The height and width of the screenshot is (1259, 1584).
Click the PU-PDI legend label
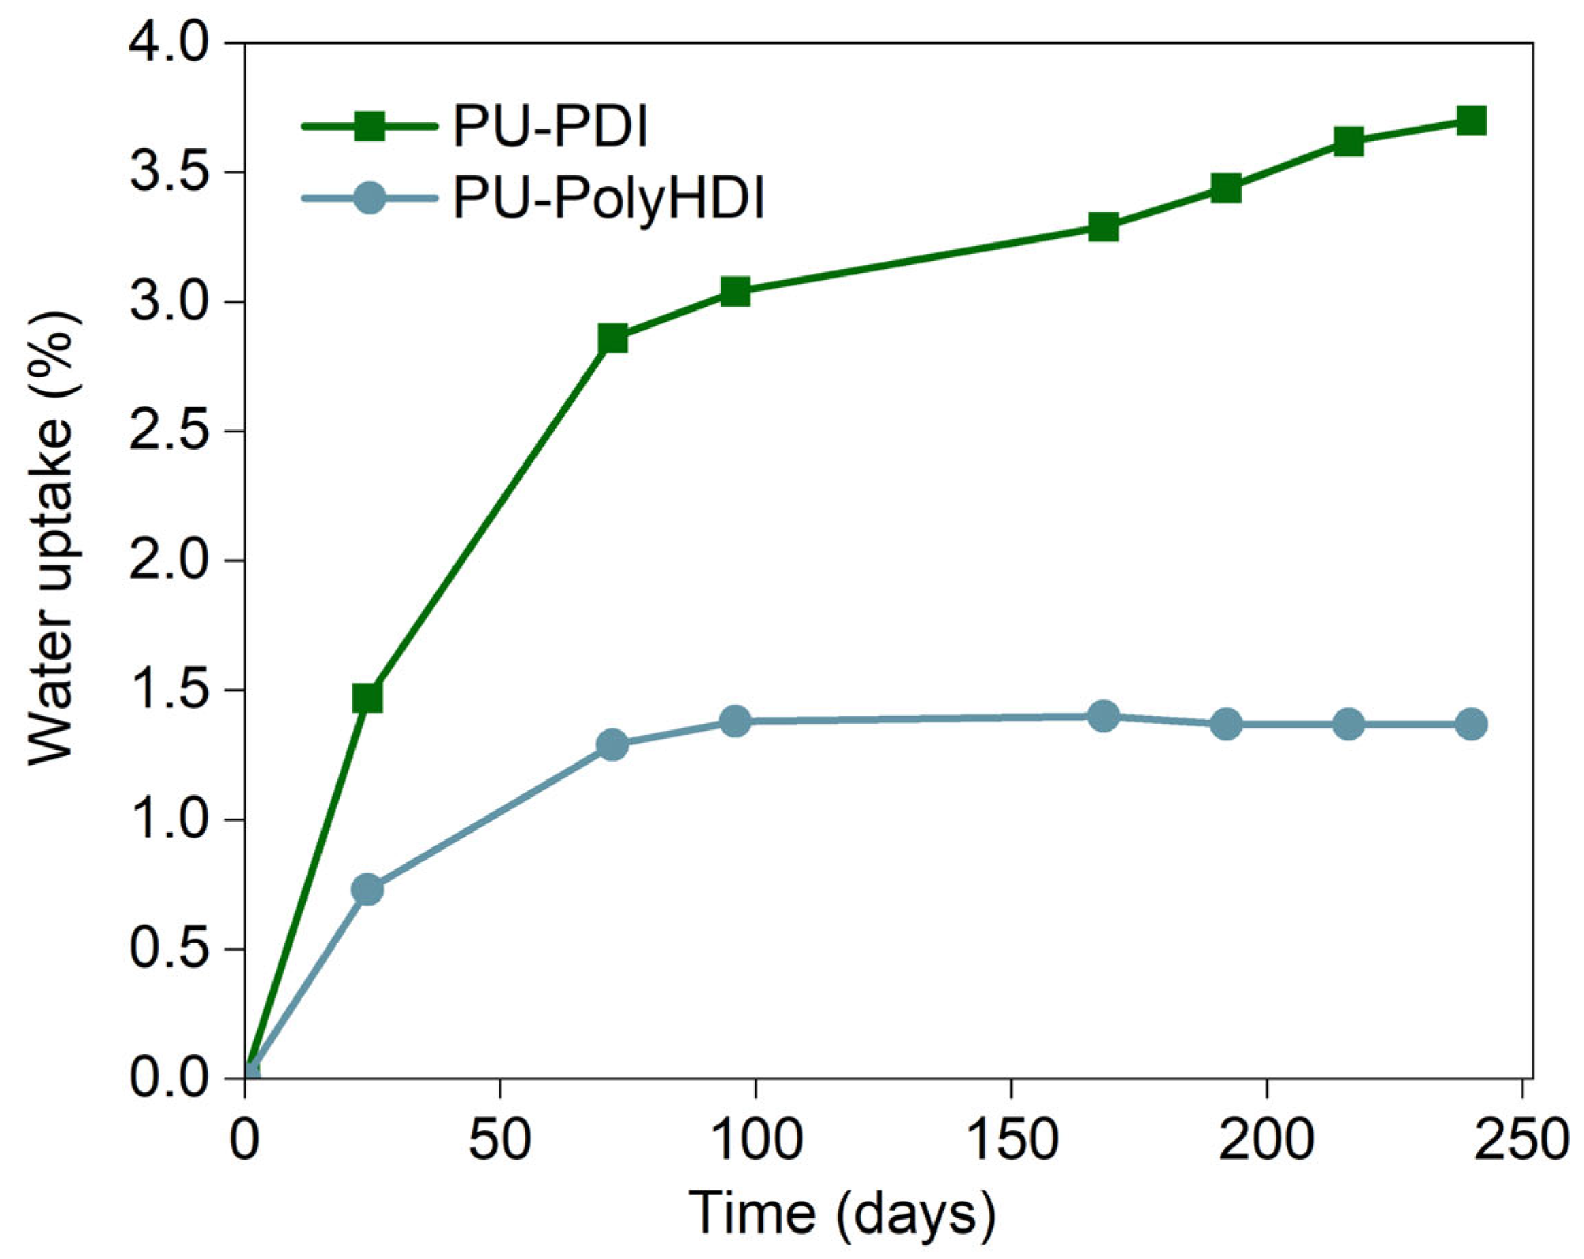point(550,127)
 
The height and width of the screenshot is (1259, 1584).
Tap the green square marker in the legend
point(369,127)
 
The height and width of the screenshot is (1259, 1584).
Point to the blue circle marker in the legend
point(369,198)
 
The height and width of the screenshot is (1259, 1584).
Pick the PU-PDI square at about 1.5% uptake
point(367,699)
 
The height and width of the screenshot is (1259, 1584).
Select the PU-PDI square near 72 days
point(613,339)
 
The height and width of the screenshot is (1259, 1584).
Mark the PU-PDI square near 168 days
point(1104,227)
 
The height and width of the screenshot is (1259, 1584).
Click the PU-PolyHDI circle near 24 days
point(367,890)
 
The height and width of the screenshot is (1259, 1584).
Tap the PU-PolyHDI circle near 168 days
point(1104,716)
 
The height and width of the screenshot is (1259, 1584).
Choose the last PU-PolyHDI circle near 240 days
point(1471,724)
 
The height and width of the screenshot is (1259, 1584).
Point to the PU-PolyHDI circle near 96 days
point(736,721)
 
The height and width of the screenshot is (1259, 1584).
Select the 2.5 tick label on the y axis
point(168,432)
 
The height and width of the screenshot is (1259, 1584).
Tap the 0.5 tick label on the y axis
point(168,950)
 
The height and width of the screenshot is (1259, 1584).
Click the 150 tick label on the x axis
point(1012,1141)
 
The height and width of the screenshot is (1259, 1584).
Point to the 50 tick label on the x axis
point(499,1141)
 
